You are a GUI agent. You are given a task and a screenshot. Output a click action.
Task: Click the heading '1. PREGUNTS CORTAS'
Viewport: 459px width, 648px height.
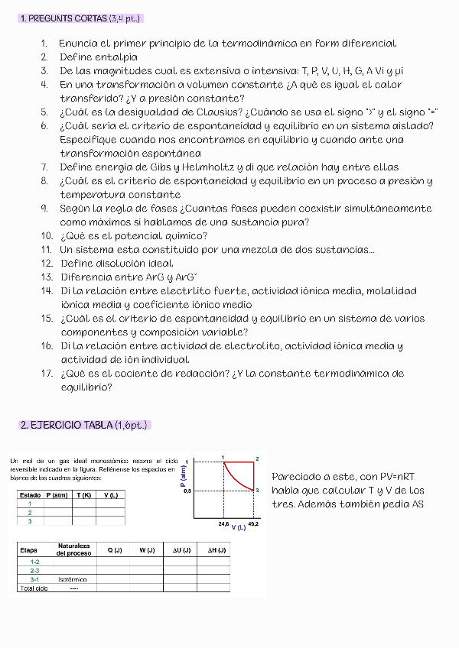tap(80, 18)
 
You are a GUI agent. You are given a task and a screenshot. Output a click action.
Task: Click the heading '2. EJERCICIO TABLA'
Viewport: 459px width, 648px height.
tap(84, 425)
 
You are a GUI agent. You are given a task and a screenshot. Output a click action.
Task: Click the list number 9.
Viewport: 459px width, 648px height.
tap(44, 208)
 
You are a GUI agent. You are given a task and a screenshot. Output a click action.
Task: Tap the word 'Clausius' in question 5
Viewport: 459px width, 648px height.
tap(212, 112)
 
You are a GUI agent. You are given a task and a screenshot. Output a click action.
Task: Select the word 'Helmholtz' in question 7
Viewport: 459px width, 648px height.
tap(200, 167)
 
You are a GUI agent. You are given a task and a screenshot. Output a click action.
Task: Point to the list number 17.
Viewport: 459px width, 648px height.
tap(46, 374)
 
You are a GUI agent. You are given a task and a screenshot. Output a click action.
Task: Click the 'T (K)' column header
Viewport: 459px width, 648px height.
tap(83, 495)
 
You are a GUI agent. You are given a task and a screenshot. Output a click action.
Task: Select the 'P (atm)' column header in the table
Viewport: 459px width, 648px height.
tap(57, 495)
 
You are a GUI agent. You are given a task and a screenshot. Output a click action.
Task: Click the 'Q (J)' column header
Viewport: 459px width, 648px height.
tap(113, 550)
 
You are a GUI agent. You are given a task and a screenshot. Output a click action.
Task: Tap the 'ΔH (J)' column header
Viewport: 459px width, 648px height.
tap(216, 550)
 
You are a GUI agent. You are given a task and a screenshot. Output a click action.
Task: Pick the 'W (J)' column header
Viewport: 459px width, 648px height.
tap(146, 550)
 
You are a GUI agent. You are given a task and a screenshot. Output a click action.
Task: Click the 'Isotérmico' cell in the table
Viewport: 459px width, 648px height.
tap(72, 579)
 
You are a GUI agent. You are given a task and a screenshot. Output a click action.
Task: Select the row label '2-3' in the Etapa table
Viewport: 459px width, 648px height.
tap(34, 570)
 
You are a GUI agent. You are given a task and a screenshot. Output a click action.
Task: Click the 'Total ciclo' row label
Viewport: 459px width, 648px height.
tap(33, 588)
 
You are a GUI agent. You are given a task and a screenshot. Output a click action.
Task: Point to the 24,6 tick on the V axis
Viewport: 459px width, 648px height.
tap(224, 525)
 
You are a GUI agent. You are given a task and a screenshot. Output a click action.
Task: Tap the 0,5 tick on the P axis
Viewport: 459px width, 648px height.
tap(186, 491)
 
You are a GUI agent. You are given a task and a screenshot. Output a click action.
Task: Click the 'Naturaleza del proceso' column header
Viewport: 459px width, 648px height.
tap(73, 549)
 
